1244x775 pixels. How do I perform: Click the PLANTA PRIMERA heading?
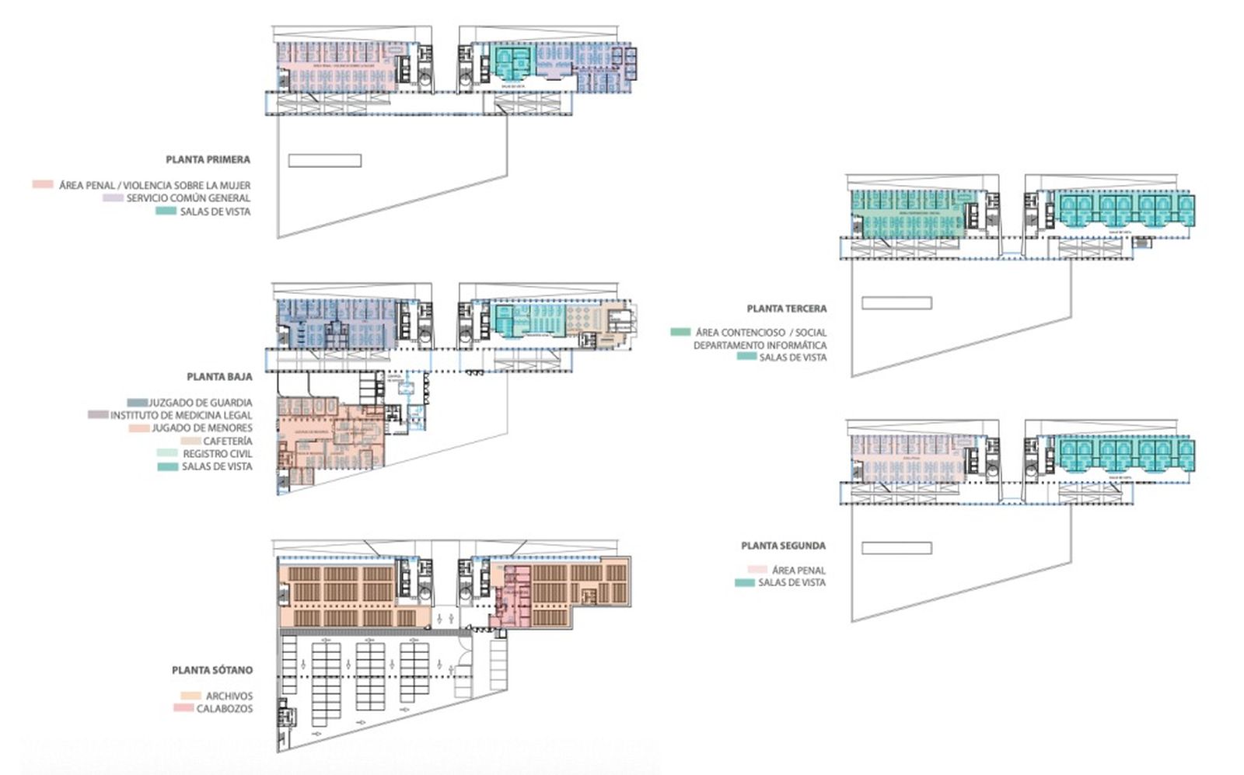(x=208, y=159)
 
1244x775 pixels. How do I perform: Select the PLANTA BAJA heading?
(x=219, y=376)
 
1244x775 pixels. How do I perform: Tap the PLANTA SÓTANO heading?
(x=212, y=669)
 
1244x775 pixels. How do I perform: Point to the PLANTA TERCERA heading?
(x=787, y=309)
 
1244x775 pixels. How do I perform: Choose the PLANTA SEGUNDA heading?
(x=783, y=546)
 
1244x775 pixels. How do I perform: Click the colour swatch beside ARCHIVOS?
(x=190, y=696)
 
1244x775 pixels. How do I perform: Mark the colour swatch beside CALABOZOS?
(x=183, y=708)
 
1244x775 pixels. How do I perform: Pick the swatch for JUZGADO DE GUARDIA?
(x=137, y=403)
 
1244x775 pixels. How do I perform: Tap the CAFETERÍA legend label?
(x=228, y=441)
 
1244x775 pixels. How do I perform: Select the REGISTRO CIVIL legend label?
(x=218, y=453)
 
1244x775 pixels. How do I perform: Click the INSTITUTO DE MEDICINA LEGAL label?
(x=181, y=415)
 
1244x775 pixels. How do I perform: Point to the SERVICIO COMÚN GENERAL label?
(x=188, y=198)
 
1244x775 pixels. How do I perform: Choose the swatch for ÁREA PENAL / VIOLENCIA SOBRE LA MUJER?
(x=43, y=185)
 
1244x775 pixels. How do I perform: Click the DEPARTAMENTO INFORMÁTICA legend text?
(x=760, y=345)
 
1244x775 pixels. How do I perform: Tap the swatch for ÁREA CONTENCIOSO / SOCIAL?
(x=680, y=332)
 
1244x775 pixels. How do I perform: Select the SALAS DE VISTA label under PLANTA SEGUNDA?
(x=791, y=582)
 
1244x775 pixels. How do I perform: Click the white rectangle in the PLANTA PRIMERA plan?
(x=324, y=161)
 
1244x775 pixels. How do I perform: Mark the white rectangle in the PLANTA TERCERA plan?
(x=896, y=303)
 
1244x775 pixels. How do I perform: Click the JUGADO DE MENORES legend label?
(x=202, y=428)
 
